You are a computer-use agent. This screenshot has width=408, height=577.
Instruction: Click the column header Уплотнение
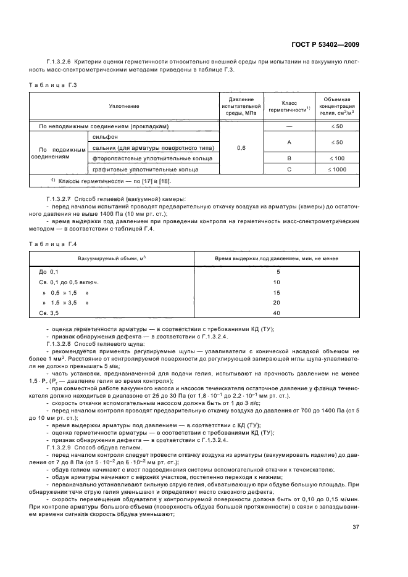pos(124,106)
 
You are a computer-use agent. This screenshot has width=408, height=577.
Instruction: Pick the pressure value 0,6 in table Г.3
pos(242,148)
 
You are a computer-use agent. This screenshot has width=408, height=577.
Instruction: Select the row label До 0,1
pos(49,272)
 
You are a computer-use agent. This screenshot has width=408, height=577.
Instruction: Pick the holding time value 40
pos(277,314)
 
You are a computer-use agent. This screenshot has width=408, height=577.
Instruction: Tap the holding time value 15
pos(277,293)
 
